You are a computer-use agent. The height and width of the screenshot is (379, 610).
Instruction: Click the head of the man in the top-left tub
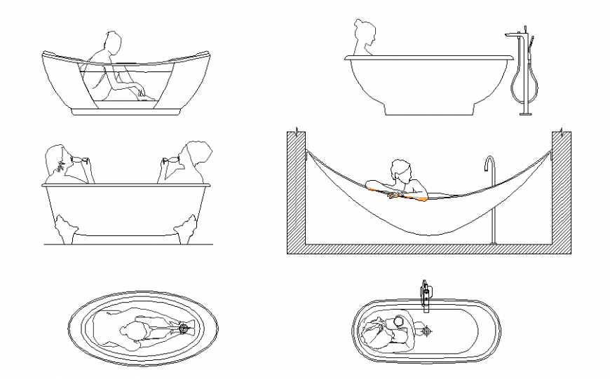(x=110, y=40)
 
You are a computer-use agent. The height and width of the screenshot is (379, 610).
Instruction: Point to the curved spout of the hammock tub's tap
(x=489, y=162)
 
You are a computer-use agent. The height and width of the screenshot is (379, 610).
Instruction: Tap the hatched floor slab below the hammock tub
(x=428, y=249)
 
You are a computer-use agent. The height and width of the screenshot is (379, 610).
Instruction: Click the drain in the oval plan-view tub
(x=184, y=327)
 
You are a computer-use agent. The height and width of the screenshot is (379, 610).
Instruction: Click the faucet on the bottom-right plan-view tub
(x=424, y=296)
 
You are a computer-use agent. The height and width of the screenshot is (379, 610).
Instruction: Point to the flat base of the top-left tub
(x=126, y=111)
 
